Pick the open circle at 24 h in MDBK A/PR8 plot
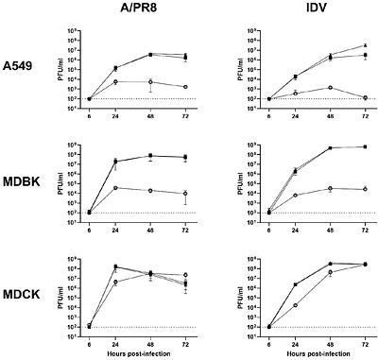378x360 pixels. pyautogui.click(x=115, y=187)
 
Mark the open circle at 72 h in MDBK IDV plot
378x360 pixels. pyautogui.click(x=365, y=189)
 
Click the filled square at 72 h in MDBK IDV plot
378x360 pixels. pyautogui.click(x=365, y=146)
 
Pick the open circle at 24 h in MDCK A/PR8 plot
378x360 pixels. pyautogui.click(x=115, y=282)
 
